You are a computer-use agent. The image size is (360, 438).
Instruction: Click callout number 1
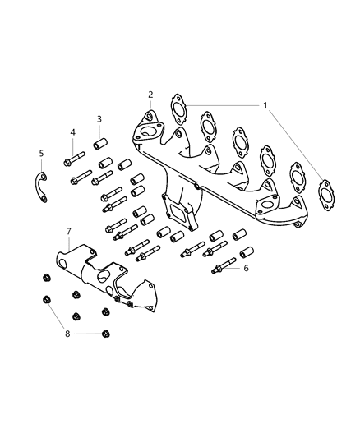pos(265,105)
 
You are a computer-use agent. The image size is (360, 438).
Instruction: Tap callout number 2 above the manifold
pos(150,95)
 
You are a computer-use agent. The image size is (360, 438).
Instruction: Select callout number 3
pos(99,119)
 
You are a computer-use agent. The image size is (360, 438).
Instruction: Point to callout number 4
pos(72,132)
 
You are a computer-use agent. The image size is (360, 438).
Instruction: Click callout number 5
pos(41,153)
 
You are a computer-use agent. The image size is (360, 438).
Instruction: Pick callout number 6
pos(246,268)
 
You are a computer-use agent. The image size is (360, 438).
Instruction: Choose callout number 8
pos(67,334)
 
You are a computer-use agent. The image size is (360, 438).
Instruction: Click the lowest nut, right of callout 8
pos(105,334)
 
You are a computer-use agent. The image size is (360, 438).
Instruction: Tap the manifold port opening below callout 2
pos(150,131)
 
